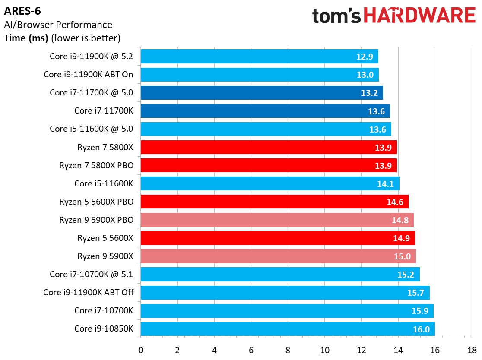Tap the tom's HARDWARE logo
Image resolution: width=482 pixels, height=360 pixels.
[393, 16]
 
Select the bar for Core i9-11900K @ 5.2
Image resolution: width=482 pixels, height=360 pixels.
[259, 56]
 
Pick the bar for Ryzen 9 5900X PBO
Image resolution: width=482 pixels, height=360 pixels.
[277, 220]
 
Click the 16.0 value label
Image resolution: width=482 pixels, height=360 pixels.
[421, 329]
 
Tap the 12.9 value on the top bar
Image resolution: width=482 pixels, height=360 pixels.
[365, 57]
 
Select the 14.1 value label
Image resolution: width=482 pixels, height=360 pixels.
[386, 183]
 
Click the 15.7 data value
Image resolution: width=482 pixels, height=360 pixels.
[416, 293]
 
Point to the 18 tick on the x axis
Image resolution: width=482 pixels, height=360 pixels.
[472, 349]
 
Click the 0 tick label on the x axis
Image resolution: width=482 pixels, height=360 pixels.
[140, 349]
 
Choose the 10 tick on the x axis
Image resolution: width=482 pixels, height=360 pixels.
[324, 349]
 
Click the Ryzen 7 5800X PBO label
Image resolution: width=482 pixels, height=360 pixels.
[96, 165]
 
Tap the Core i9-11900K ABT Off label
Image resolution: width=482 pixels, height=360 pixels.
[89, 293]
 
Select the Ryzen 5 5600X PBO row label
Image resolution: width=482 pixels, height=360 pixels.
[96, 202]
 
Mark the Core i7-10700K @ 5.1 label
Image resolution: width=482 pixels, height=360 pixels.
[92, 274]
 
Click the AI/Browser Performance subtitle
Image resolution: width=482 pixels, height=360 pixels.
[58, 25]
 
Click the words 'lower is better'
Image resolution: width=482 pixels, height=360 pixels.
[85, 38]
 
